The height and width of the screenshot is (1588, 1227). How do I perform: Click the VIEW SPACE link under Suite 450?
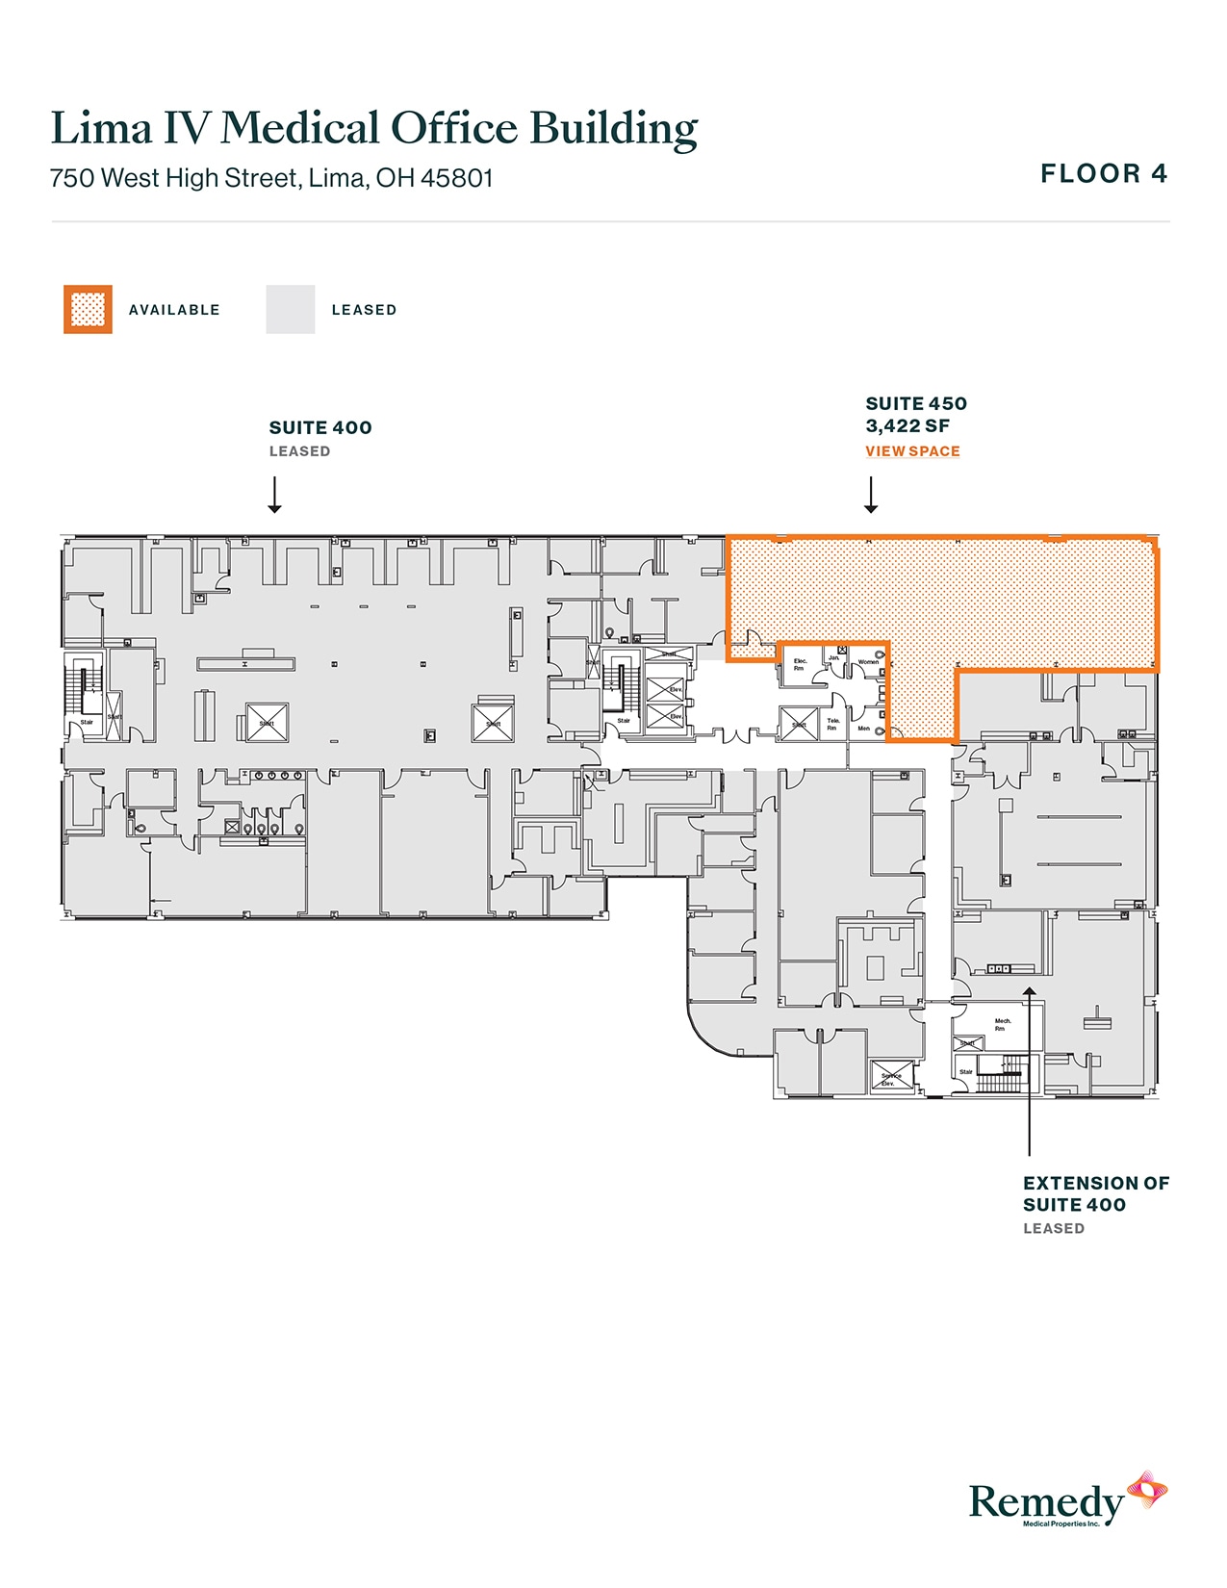coord(912,451)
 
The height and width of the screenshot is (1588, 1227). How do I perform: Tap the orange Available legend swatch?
coord(88,309)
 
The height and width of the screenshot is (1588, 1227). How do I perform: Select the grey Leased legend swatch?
coord(290,309)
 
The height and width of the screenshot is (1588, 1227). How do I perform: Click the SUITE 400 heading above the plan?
coord(320,428)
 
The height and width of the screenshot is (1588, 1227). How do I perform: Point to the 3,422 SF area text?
coord(907,426)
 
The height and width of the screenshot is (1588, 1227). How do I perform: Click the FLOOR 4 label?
coord(1104,174)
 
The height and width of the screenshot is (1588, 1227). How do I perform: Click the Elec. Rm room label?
coord(800,664)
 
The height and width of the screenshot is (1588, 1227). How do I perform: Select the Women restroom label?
coord(868,662)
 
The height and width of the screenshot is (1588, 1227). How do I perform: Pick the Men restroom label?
coord(863,729)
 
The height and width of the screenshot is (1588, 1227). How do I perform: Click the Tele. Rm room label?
coord(832,724)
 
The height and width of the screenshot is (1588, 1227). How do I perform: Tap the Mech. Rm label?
coord(1002,1024)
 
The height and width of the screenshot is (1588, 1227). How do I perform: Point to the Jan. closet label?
coord(833,657)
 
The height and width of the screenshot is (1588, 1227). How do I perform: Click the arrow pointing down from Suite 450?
coord(871,495)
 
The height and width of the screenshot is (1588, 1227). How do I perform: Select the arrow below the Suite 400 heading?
coord(275,495)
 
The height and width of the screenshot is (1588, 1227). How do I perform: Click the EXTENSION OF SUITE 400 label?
coord(1095,1193)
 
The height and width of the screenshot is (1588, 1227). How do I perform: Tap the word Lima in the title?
coord(101,129)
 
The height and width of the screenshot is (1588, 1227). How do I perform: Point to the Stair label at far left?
coord(87,722)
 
